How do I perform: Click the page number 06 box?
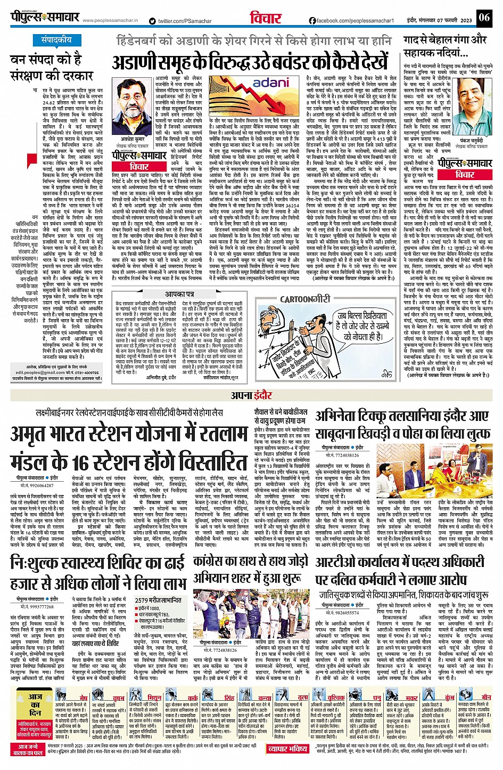click(484, 18)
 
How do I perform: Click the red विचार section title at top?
click(266, 18)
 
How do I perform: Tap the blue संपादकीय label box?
click(57, 40)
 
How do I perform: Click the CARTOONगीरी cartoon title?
click(304, 299)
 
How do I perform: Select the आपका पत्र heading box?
click(179, 294)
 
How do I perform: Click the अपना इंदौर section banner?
click(251, 395)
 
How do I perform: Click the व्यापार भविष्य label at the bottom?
click(287, 749)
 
